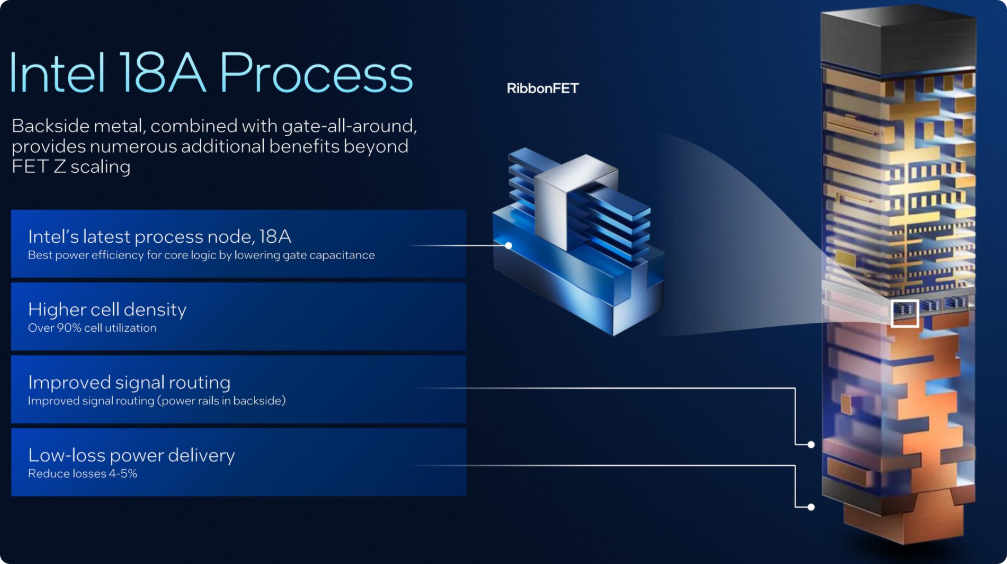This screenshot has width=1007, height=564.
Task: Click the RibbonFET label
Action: pyautogui.click(x=542, y=89)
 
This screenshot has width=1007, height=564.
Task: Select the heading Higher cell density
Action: pyautogui.click(x=107, y=309)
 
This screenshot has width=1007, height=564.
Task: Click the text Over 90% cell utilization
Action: pyautogui.click(x=92, y=328)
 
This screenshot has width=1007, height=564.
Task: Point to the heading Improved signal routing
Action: pyautogui.click(x=129, y=382)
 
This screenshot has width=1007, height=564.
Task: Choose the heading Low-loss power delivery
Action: pyautogui.click(x=131, y=455)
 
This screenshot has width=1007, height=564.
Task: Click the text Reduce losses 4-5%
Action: pyautogui.click(x=82, y=474)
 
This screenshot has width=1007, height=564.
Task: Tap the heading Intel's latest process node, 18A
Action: pyautogui.click(x=159, y=236)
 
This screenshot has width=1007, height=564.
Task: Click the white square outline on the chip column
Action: pyautogui.click(x=904, y=313)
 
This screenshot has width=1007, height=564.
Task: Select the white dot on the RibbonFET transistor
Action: pyautogui.click(x=509, y=245)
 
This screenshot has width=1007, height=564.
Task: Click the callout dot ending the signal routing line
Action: pyautogui.click(x=811, y=443)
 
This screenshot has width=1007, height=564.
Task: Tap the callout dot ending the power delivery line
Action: pyautogui.click(x=811, y=505)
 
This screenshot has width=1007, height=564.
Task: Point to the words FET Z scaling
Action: pyautogui.click(x=71, y=166)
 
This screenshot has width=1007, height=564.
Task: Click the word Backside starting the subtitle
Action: pyautogui.click(x=49, y=126)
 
